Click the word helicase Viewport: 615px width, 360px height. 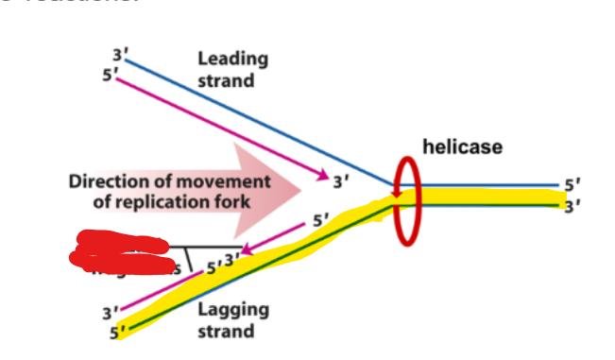click(462, 146)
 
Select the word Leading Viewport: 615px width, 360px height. click(232, 59)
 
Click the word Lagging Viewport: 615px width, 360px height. click(232, 309)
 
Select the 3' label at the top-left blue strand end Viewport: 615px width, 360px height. click(118, 54)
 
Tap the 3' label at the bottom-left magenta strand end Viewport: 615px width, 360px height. click(111, 311)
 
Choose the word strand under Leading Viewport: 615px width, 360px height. click(226, 80)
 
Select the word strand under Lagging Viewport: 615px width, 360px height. click(226, 331)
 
